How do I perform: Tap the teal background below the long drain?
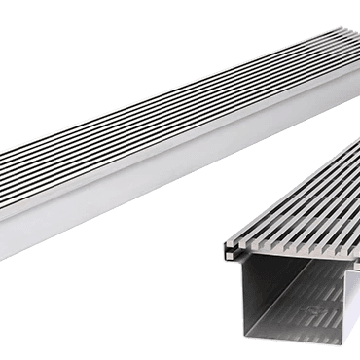point(97,302)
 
